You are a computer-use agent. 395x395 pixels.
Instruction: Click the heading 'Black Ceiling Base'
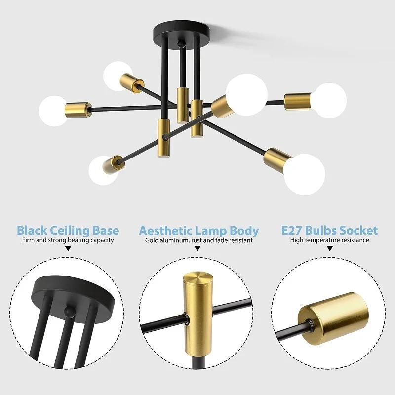tap(68, 230)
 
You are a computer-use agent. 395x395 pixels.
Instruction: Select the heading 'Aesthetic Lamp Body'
tap(198, 230)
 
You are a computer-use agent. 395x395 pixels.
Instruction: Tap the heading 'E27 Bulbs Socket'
tap(329, 230)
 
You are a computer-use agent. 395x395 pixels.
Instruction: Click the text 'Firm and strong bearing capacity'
tap(68, 240)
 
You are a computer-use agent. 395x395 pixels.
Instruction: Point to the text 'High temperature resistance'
tap(329, 240)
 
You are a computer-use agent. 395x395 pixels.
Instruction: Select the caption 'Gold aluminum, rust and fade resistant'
tap(198, 240)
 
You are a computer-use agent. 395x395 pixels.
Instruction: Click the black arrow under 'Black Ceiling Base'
tap(68, 250)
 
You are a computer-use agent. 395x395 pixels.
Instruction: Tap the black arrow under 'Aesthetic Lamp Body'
tap(197, 250)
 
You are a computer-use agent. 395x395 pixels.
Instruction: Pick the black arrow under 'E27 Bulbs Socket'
tap(329, 250)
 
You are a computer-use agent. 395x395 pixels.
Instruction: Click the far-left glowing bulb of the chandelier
tap(53, 110)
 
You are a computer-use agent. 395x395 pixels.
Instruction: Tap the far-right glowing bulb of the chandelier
tap(329, 100)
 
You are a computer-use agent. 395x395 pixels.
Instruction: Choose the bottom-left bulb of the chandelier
tap(103, 170)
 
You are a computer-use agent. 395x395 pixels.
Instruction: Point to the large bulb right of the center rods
tap(247, 94)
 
